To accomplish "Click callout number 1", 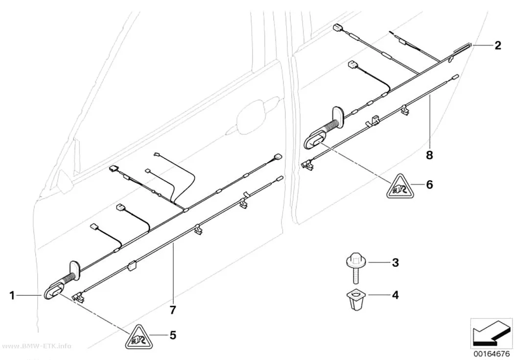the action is (x=12, y=296).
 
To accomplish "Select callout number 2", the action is (x=498, y=45).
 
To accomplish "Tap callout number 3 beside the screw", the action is (x=396, y=263).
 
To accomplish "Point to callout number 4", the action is (x=396, y=295).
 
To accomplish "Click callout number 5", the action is (x=173, y=335).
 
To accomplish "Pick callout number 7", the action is (x=173, y=310).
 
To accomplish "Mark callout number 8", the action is (x=429, y=155).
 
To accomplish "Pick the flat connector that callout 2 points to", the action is (x=462, y=48).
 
